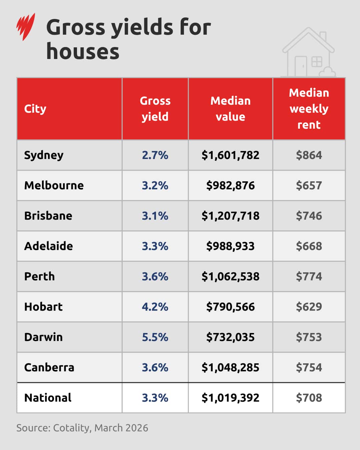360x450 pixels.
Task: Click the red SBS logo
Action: [x=26, y=27]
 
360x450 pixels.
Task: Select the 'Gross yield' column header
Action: [x=155, y=109]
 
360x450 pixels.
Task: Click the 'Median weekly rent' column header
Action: [x=309, y=109]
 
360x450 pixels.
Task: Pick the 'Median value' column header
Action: [x=230, y=109]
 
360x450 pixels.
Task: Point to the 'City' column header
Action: [x=35, y=109]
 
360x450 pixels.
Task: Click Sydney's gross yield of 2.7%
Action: [x=155, y=155]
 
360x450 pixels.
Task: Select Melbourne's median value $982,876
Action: [x=230, y=185]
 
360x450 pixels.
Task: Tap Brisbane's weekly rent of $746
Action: [x=309, y=216]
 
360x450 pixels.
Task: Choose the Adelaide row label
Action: [x=49, y=246]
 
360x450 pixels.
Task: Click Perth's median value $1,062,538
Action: [x=230, y=276]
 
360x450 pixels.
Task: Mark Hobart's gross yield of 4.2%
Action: [x=155, y=307]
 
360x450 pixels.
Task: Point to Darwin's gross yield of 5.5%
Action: [x=155, y=337]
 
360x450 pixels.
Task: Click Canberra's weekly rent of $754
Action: [x=309, y=367]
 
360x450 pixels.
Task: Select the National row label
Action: [x=48, y=398]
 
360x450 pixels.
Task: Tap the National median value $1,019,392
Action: [x=230, y=398]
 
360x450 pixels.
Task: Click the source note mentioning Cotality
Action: [x=82, y=428]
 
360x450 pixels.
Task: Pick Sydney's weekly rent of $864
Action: [x=309, y=155]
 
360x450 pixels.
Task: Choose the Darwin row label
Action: [x=43, y=337]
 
